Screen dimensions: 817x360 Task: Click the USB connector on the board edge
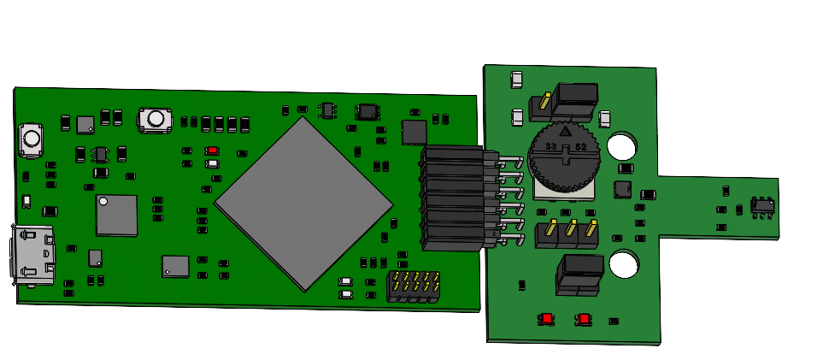pyautogui.click(x=32, y=256)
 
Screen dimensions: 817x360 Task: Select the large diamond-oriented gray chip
pyautogui.click(x=303, y=204)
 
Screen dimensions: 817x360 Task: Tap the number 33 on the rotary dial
pyautogui.click(x=550, y=146)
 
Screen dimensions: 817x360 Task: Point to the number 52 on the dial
pyautogui.click(x=580, y=147)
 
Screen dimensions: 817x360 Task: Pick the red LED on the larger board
pyautogui.click(x=212, y=150)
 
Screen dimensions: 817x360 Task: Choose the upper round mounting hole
pyautogui.click(x=622, y=146)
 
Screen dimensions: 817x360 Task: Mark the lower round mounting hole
pyautogui.click(x=624, y=263)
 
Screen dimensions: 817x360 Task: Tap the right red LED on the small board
pyautogui.click(x=584, y=319)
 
